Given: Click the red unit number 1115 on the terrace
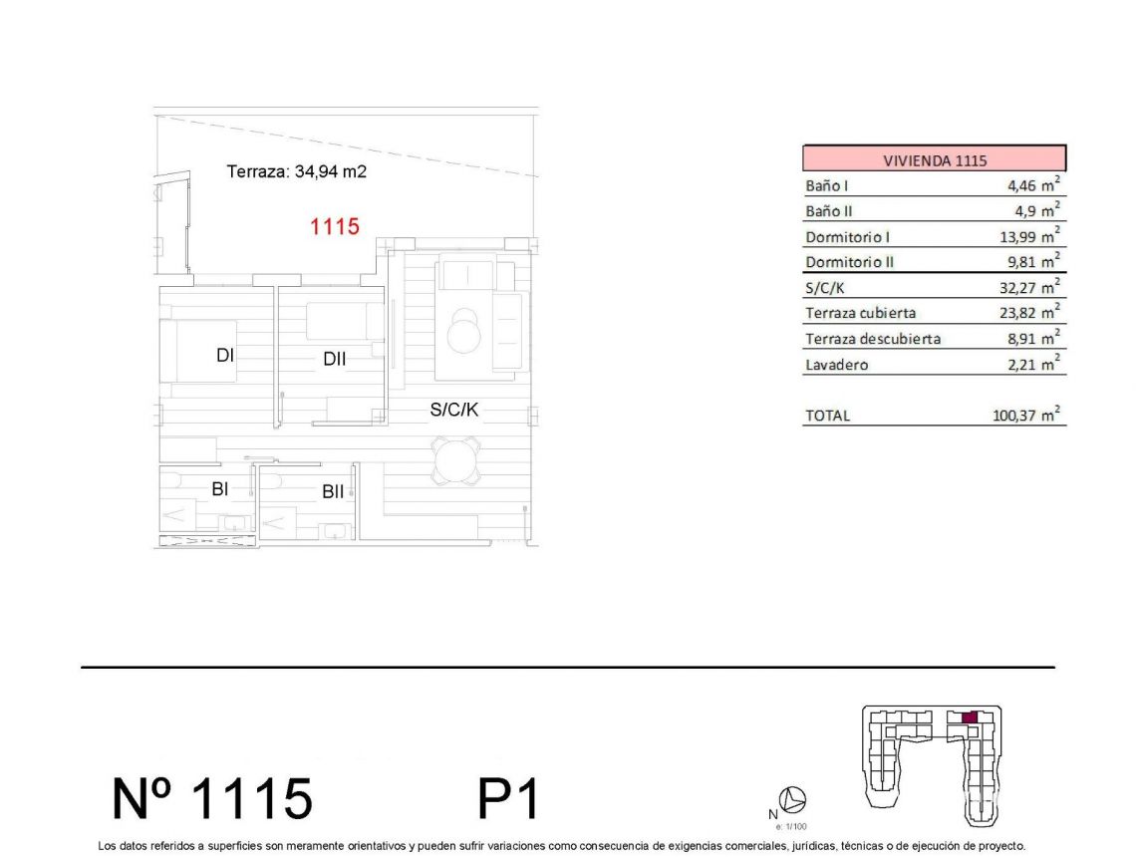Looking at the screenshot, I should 334,227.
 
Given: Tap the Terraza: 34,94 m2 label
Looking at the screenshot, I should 297,171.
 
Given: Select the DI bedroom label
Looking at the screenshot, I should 225,354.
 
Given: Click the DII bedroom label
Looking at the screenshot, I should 335,360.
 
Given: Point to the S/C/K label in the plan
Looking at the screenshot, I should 456,409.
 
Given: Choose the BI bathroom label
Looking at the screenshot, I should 221,488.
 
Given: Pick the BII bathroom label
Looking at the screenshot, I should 333,491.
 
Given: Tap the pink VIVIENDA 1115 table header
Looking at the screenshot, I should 934,159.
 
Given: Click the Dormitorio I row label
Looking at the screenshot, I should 847,237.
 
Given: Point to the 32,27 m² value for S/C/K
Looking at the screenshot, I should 1030,288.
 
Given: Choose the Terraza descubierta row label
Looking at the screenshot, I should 872,339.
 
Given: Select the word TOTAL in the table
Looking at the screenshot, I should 827,416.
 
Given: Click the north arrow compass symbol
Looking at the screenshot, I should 796,799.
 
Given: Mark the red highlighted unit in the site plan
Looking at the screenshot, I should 970,717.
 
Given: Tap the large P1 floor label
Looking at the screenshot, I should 508,799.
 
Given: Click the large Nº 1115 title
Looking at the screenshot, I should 212,799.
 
